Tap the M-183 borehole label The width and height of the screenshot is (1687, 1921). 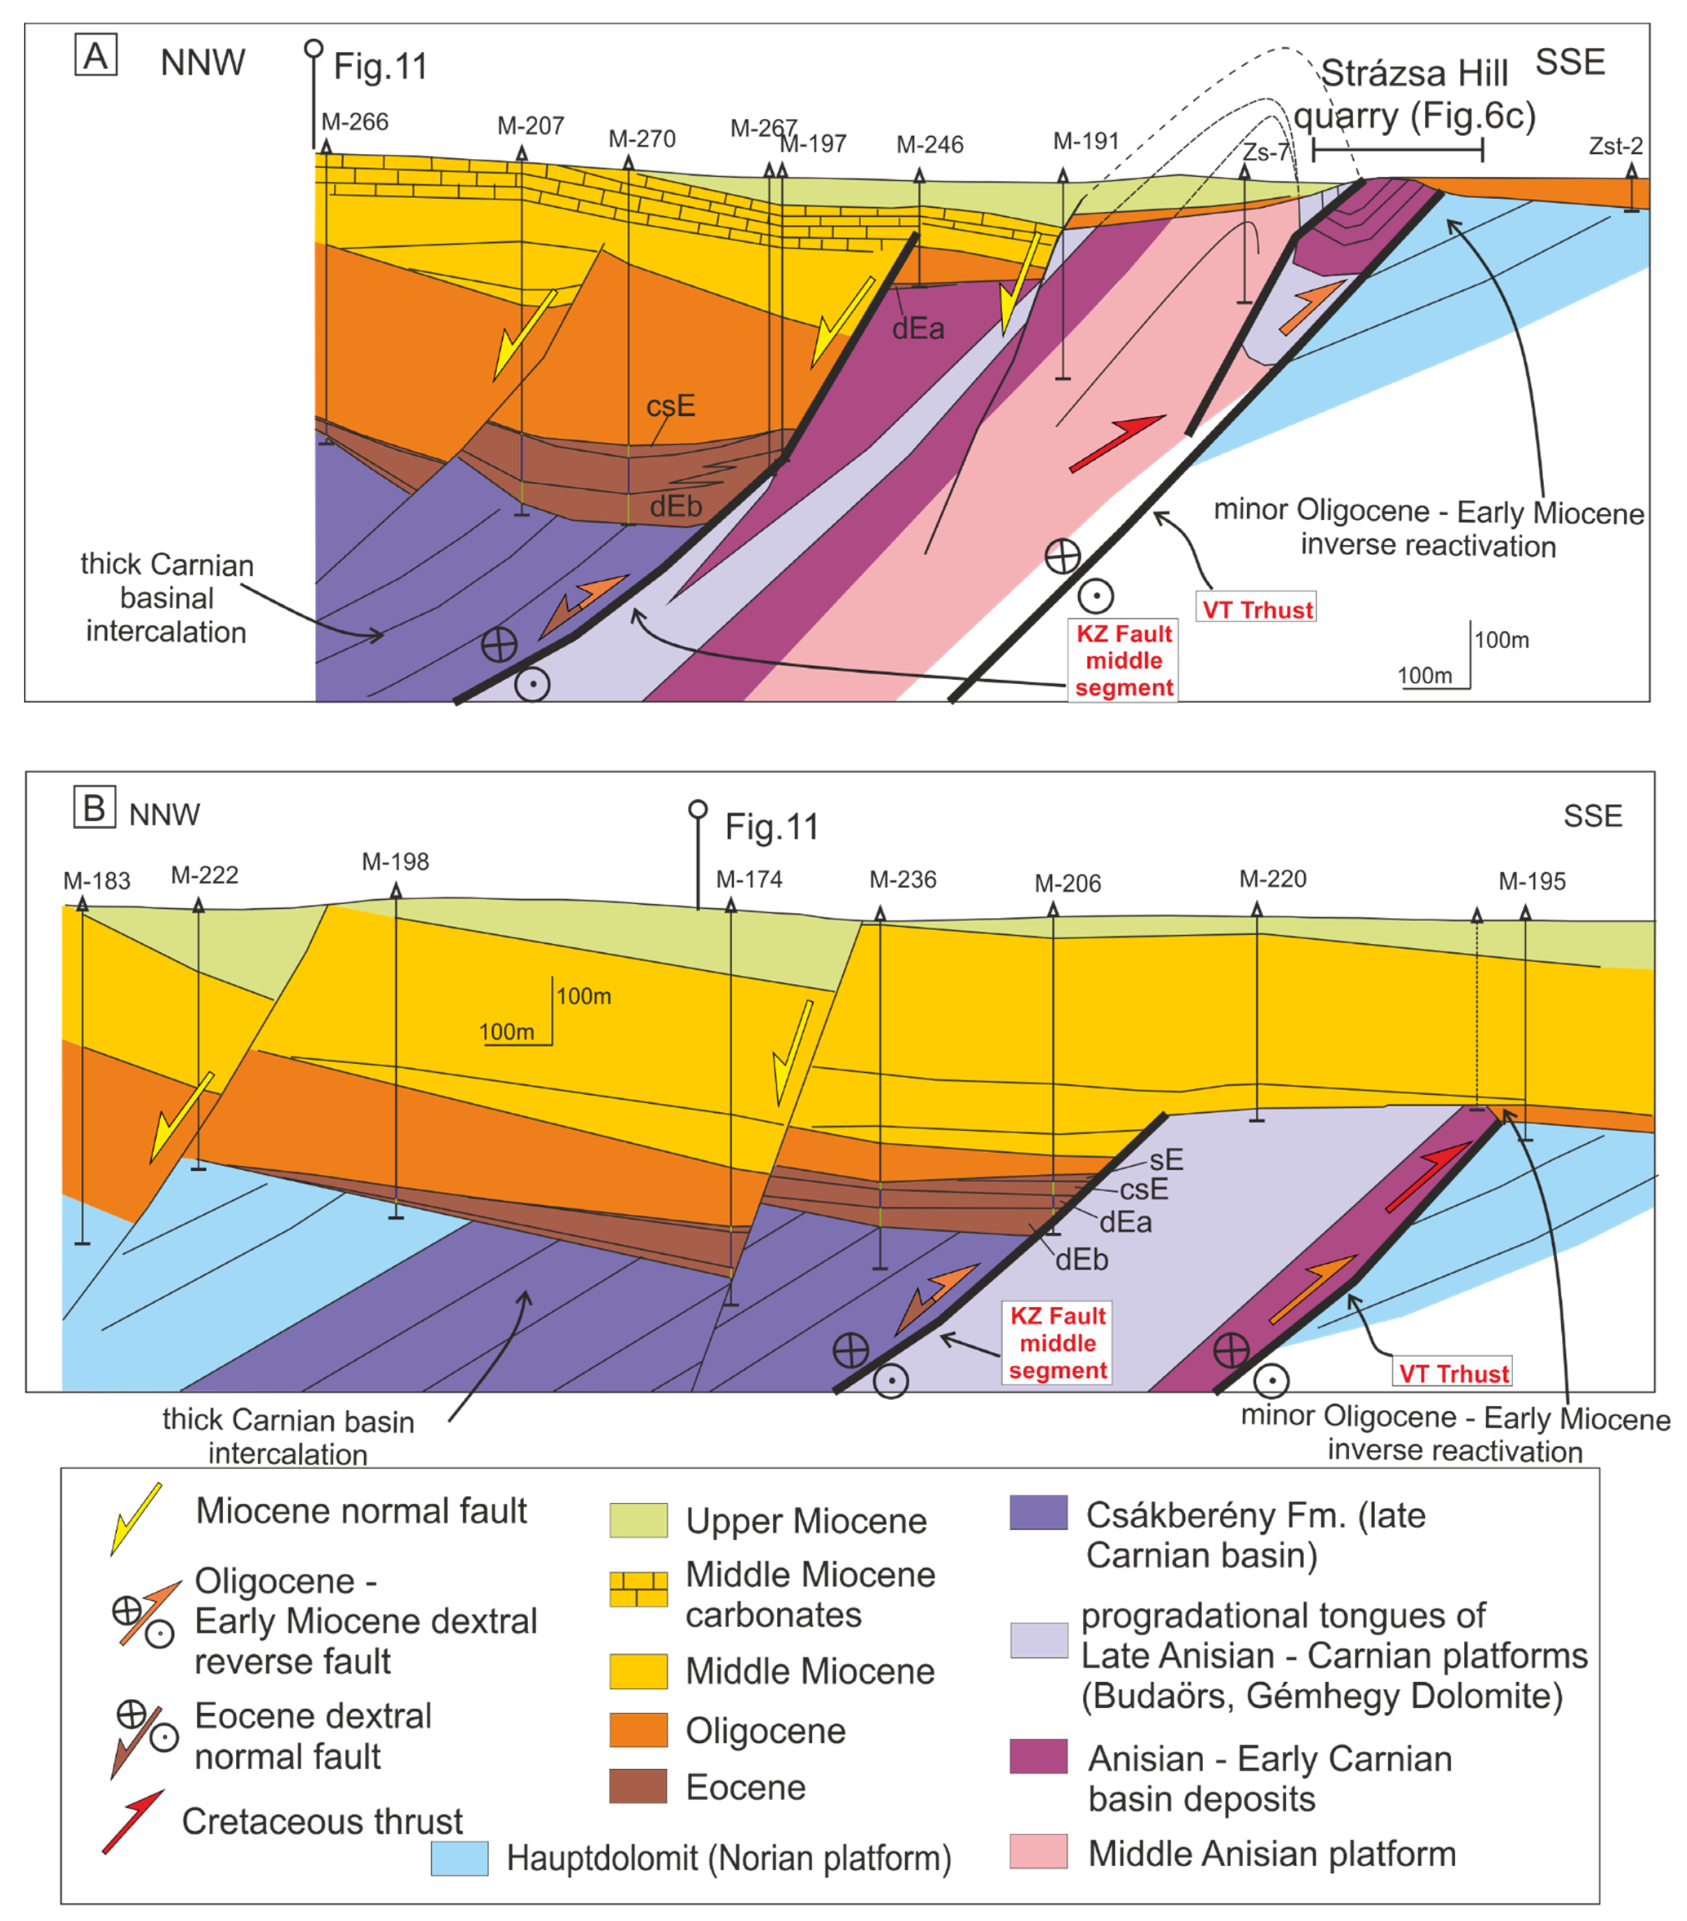[97, 881]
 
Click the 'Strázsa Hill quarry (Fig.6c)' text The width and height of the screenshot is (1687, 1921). [1414, 94]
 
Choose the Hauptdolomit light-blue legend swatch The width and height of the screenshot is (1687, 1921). [459, 1858]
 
